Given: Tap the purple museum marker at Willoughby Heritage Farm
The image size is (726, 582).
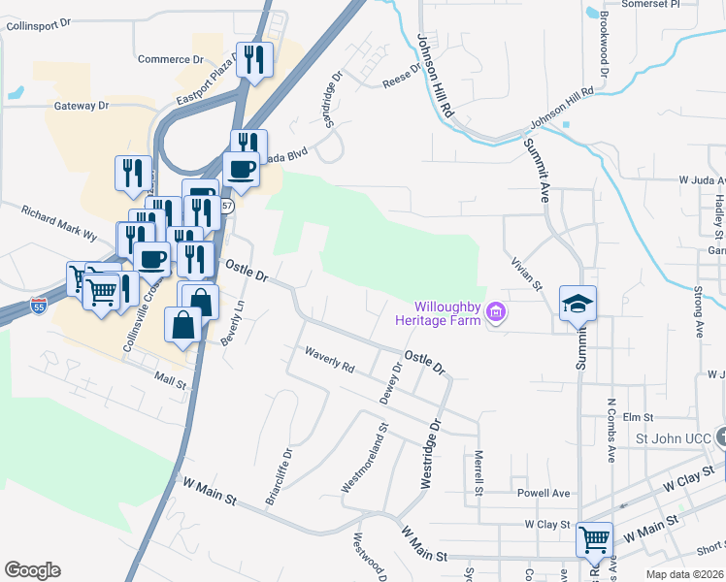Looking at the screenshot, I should pos(498,312).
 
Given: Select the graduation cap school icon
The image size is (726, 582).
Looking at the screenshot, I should pos(577,304).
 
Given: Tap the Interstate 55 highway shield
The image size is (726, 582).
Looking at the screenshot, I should pos(39,305).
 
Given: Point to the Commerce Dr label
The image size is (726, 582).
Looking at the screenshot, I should pos(170,59).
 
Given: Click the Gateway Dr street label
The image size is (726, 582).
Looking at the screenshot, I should pos(82,105).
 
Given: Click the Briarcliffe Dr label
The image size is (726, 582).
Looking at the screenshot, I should pos(280,476).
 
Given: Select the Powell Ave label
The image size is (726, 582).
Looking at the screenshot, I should pos(544,493).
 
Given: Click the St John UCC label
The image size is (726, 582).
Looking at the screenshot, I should pos(673,438).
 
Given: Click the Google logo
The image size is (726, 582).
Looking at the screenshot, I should pos(32,570).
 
